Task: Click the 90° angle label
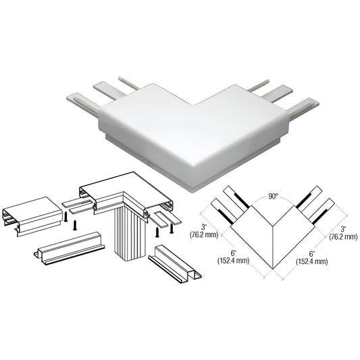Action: [273, 197]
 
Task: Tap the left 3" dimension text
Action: [203, 228]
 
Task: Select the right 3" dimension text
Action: [343, 229]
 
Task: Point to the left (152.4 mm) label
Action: [233, 261]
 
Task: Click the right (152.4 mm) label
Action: [312, 261]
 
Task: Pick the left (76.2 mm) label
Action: [204, 235]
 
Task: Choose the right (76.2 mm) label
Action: [343, 236]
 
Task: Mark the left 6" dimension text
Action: [234, 253]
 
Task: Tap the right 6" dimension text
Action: [312, 254]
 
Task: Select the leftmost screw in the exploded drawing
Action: [66, 217]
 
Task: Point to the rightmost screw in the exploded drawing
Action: [172, 229]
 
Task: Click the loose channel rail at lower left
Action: [69, 249]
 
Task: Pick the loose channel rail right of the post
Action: [175, 262]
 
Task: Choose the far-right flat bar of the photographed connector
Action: [303, 108]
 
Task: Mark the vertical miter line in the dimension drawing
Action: [272, 247]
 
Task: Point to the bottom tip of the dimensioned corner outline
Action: [272, 268]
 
